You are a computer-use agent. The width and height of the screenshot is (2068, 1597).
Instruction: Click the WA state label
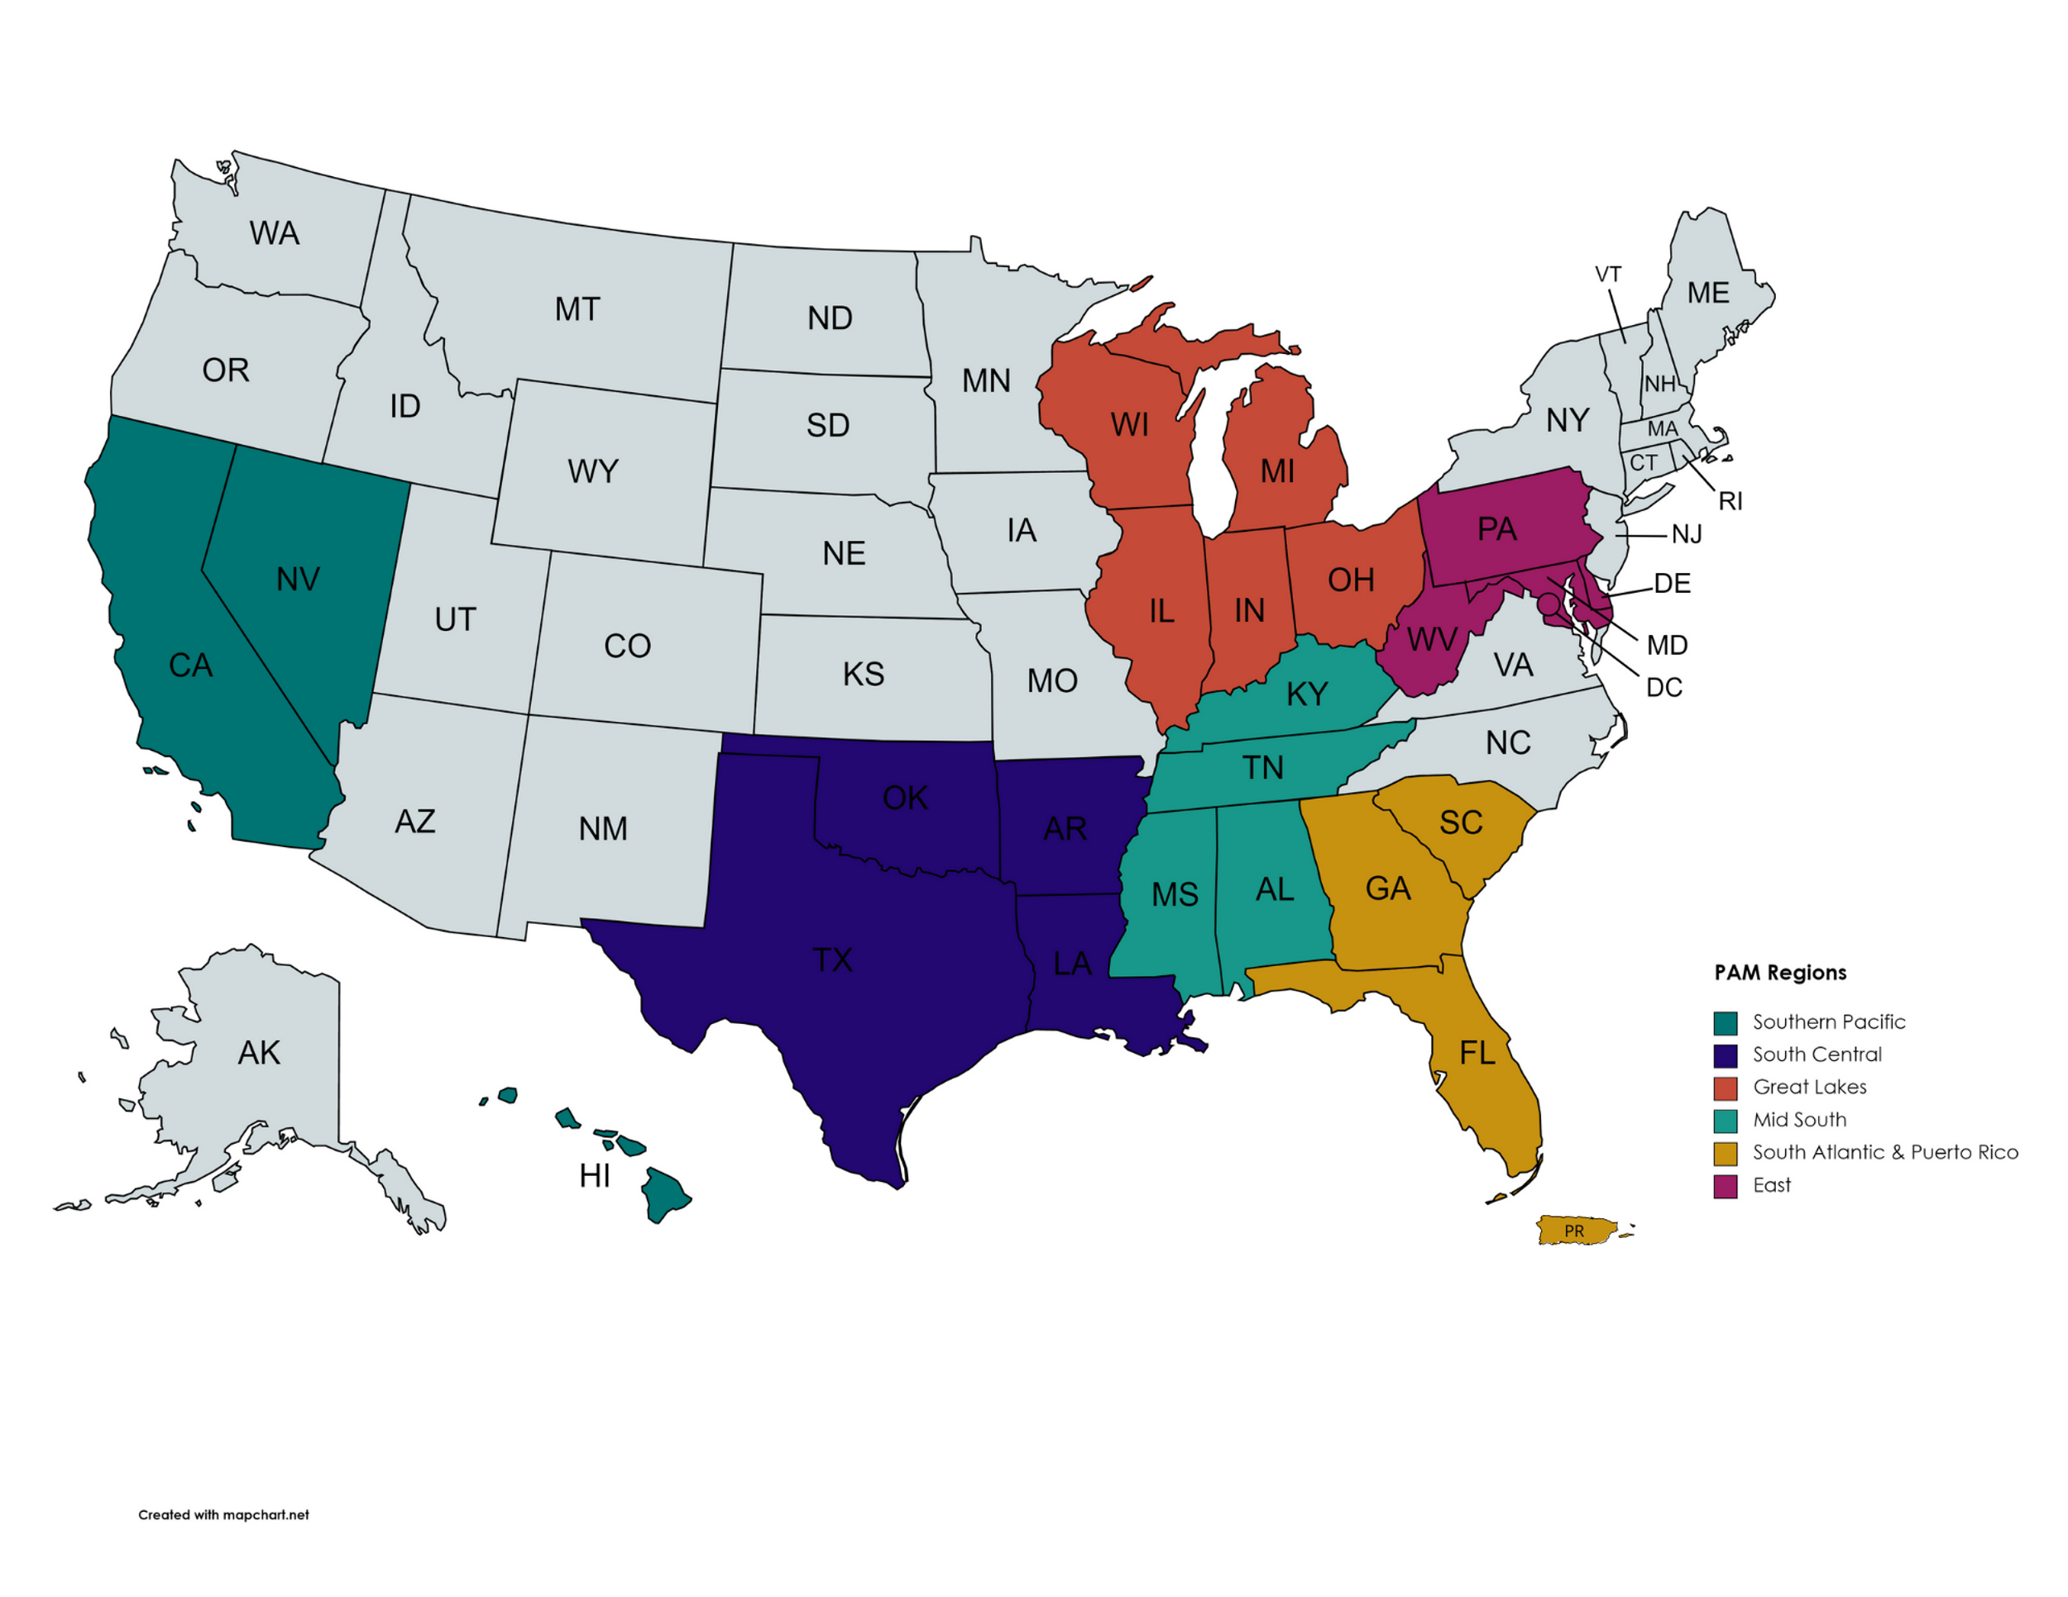coord(274,233)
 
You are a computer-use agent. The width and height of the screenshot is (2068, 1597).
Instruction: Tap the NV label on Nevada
coord(299,580)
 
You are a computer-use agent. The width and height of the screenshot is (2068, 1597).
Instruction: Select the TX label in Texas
coord(832,960)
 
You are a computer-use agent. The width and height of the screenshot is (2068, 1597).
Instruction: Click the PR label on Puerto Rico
coord(1573,1231)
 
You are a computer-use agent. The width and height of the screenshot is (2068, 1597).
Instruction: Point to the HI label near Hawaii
coord(595,1176)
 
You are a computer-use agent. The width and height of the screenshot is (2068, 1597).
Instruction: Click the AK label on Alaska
coord(258,1053)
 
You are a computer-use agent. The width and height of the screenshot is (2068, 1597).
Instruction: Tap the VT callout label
coord(1608,275)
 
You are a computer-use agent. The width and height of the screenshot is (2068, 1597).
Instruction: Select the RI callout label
coord(1730,501)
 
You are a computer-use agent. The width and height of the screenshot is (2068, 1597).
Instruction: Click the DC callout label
coord(1663,687)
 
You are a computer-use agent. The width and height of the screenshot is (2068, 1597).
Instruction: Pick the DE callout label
coord(1673,583)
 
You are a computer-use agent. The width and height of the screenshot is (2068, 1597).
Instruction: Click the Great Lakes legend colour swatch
coord(1726,1088)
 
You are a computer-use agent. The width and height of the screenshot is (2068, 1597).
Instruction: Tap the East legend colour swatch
coord(1726,1186)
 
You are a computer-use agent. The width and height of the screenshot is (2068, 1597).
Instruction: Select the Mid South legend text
coord(1799,1120)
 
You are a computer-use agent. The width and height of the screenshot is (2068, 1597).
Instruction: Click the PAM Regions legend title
coord(1780,973)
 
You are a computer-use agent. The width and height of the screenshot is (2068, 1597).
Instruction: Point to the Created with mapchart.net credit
coord(223,1514)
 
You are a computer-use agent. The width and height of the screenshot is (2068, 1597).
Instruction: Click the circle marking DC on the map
coord(1547,603)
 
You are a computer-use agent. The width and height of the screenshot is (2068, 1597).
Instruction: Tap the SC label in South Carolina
coord(1461,823)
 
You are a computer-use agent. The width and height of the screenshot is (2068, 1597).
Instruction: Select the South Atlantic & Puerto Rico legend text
coord(1884,1152)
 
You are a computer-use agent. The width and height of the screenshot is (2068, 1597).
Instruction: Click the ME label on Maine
coord(1708,293)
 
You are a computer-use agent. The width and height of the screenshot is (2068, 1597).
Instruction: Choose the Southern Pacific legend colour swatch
coord(1726,1022)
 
